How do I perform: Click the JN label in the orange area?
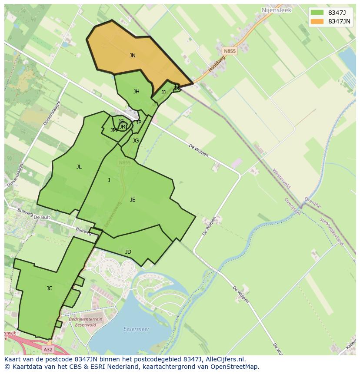point(133,56)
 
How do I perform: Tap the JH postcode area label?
point(137,92)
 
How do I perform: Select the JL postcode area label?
point(79,167)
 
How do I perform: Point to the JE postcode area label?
point(133,200)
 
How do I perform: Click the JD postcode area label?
point(128,252)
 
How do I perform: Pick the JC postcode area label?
point(50,288)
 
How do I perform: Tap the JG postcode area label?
point(136,141)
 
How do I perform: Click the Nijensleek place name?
point(277,10)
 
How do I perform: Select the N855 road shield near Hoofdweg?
point(230,51)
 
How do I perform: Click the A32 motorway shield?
point(48,349)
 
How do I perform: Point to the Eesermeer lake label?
point(136,329)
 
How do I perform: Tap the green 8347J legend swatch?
point(317,12)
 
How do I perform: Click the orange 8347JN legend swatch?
point(317,21)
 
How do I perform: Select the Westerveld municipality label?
point(281,179)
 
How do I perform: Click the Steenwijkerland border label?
point(332,232)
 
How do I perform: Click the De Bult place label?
point(42,217)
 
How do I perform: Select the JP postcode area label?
point(139,122)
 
